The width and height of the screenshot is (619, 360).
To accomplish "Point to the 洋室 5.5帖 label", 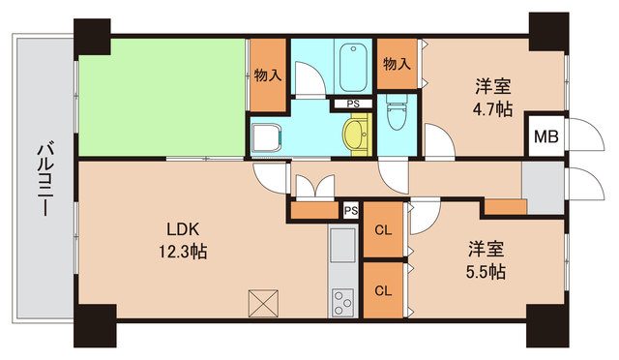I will [x=483, y=260].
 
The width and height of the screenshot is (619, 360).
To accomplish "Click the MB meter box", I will [x=545, y=135].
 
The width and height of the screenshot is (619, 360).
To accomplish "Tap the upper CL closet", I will [x=382, y=230].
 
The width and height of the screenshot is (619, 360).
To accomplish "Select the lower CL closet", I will [x=382, y=289].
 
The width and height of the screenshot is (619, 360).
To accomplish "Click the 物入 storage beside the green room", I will [x=268, y=75].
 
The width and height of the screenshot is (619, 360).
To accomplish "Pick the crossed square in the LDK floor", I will [x=263, y=304].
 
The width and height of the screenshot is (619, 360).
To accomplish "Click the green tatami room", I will [x=160, y=97].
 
